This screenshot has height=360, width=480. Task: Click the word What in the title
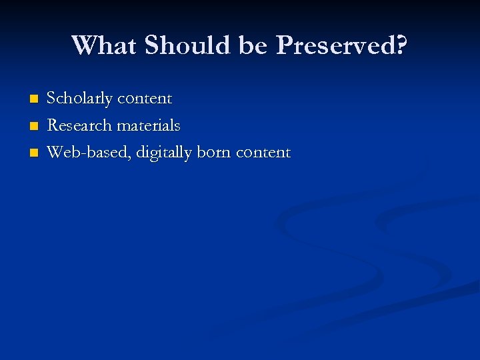pos(104,45)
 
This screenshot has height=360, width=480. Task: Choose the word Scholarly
pos(79,99)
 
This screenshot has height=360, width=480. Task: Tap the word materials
pos(148,125)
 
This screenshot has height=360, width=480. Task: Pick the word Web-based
pos(89,152)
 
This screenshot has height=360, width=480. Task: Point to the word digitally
pos(162,153)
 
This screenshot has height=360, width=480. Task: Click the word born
pos(213,152)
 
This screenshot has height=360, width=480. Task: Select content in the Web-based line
pos(263,152)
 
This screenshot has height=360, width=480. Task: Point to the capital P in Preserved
pos(284,45)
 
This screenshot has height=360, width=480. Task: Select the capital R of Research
pos(51,125)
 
